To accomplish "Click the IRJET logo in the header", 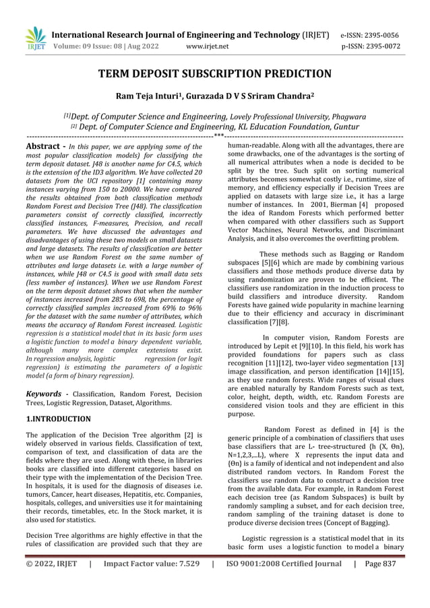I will pyautogui.click(x=34, y=39).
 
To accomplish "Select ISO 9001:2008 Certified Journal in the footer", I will pyautogui.click(x=283, y=582).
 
